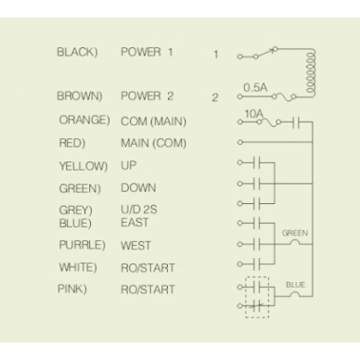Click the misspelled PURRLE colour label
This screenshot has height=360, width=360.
(82, 245)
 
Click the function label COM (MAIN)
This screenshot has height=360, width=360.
(153, 122)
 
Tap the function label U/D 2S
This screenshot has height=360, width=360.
(139, 210)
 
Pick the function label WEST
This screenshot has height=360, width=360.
(135, 246)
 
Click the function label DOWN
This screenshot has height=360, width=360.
(138, 188)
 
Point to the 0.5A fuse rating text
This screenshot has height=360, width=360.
(255, 87)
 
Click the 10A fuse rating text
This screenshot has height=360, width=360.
(254, 114)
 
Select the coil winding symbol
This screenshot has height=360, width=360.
(310, 72)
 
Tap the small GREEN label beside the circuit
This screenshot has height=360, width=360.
(295, 233)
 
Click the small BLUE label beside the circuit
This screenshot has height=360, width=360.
(295, 285)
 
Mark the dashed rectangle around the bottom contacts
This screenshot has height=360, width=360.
(245, 297)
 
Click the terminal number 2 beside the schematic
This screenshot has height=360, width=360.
(215, 97)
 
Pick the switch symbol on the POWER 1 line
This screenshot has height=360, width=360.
(265, 53)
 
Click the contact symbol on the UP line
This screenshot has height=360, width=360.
(256, 162)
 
